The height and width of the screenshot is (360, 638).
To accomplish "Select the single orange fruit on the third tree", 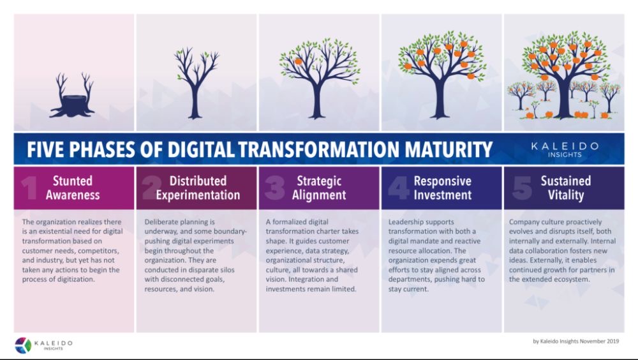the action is [298, 61].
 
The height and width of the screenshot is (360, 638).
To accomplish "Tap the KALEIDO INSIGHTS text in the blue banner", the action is [565, 149].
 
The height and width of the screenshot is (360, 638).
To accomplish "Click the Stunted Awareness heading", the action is [73, 188].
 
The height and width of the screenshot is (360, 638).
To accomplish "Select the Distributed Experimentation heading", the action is [198, 188].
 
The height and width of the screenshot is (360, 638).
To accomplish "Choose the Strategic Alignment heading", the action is [319, 188].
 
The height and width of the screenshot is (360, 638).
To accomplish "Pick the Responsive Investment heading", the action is [443, 188].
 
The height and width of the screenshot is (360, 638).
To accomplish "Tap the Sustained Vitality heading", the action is [565, 188].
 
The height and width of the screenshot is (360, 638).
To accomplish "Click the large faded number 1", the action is [29, 187].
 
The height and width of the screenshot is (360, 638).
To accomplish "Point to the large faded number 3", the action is [275, 187].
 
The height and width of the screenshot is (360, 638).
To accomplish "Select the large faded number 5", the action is [522, 187].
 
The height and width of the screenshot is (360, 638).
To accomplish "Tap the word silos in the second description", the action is [226, 269].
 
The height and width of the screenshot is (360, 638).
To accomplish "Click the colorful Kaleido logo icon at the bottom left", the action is [23, 345].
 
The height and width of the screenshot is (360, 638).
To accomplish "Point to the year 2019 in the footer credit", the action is [612, 341].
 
